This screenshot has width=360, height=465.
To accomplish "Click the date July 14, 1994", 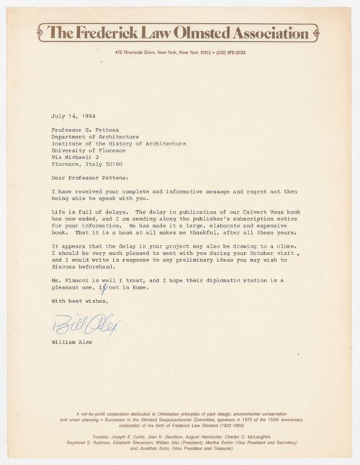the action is point(74,115).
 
